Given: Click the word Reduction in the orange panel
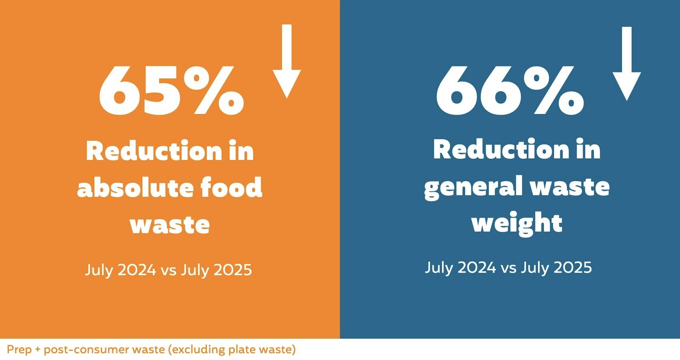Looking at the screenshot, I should [154, 151].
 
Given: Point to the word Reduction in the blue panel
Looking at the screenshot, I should [501, 150].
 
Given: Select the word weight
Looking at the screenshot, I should [517, 223].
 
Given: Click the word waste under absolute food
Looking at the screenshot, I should [170, 225].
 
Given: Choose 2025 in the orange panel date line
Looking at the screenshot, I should [233, 270].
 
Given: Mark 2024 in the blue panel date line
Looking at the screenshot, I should [477, 268].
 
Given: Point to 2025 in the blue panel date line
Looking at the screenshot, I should [573, 268].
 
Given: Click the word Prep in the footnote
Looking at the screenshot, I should [19, 350].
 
